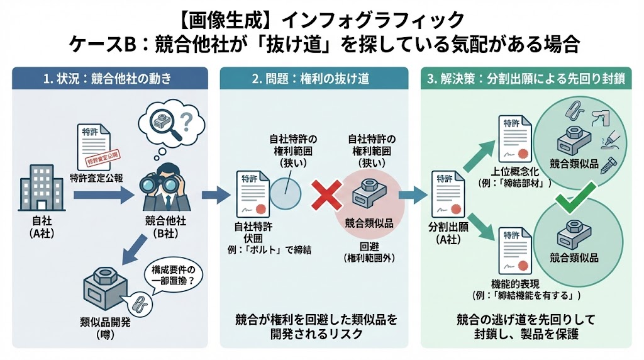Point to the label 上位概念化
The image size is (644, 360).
pyautogui.click(x=520, y=171)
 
